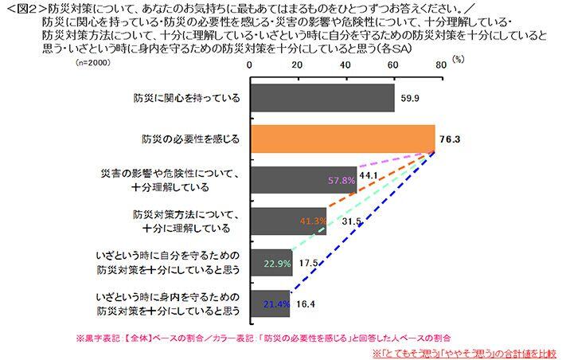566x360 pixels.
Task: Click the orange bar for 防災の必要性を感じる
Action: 342,139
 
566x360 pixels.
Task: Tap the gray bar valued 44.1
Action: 303,180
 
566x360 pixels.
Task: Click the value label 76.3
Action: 450,139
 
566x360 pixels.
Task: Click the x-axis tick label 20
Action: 297,65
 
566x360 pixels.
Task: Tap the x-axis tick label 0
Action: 250,65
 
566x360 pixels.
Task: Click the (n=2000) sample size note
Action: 93,61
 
